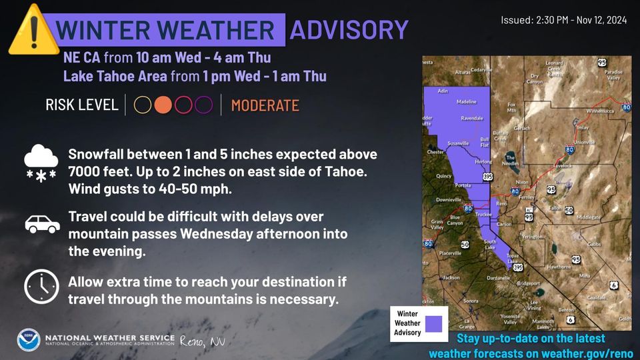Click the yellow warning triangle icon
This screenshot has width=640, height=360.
[28, 30]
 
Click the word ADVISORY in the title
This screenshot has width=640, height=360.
[349, 30]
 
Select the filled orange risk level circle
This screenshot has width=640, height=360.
[163, 105]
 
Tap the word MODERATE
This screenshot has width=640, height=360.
[265, 105]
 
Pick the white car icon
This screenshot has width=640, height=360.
[42, 224]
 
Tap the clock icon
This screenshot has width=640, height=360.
[41, 286]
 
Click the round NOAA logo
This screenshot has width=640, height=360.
[29, 340]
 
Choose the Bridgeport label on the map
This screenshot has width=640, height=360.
[527, 283]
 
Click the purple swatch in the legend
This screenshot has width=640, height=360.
[435, 324]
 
